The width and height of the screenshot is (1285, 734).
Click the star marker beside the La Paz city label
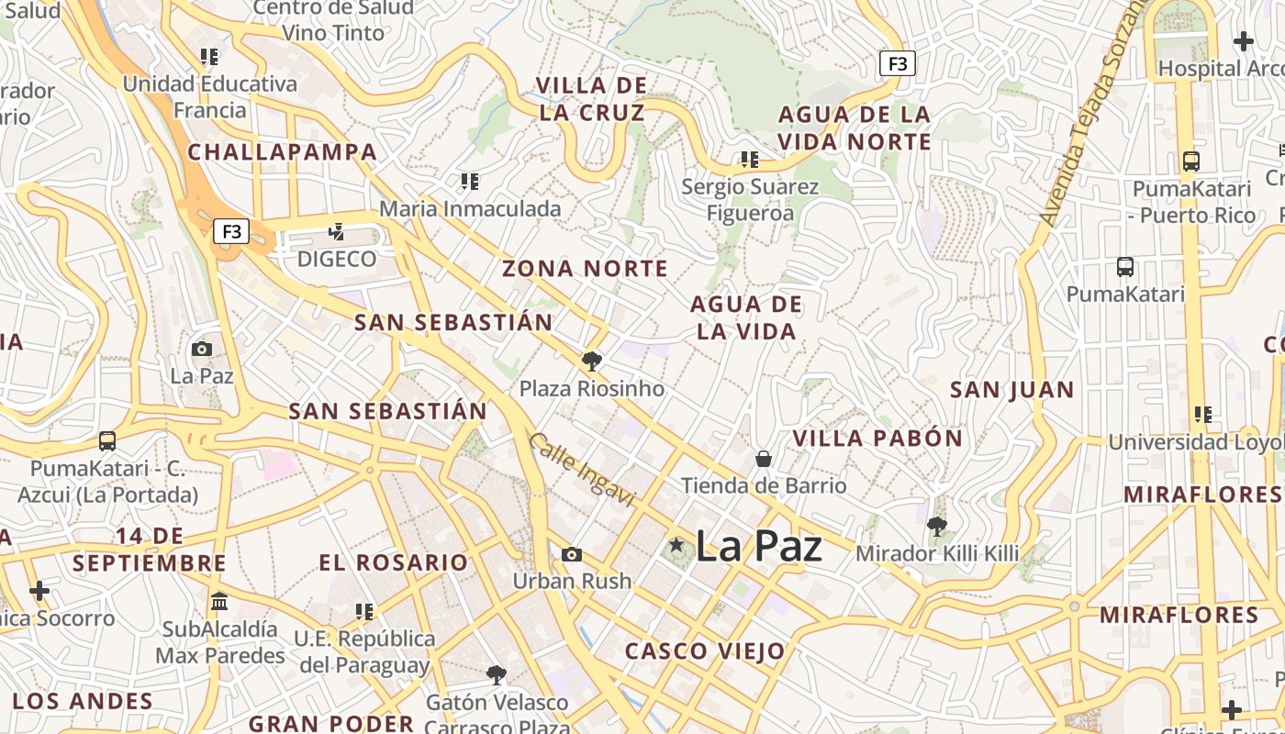[x=676, y=545]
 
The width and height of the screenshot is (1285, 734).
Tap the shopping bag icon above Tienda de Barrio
[x=763, y=458]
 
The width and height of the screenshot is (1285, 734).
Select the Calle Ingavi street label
[x=582, y=470]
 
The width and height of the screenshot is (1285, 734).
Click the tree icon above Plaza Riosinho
[x=592, y=361]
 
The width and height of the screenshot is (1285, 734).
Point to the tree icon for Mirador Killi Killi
[x=937, y=527]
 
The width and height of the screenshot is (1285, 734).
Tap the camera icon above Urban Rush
[x=572, y=554]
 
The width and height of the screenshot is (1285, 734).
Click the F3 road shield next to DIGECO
[x=231, y=231]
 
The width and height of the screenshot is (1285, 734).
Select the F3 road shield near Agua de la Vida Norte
[x=897, y=63]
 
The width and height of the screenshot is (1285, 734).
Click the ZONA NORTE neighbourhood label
[x=585, y=269]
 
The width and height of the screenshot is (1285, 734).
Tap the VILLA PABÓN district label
[x=877, y=439]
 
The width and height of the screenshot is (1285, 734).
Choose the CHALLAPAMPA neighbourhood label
[x=283, y=152]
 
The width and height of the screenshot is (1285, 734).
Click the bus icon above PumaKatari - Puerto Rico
[x=1191, y=161]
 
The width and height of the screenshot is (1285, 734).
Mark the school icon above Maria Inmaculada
[x=470, y=182]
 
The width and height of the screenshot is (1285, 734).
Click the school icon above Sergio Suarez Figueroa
[x=750, y=160]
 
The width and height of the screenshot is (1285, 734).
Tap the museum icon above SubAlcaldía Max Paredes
[x=219, y=602]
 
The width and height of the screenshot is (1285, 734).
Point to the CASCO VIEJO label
[x=705, y=652]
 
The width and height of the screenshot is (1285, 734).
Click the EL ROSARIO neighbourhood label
[x=394, y=562]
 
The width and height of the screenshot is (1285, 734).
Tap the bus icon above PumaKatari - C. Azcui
[x=107, y=441]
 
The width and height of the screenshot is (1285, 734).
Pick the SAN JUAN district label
[x=1011, y=390]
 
